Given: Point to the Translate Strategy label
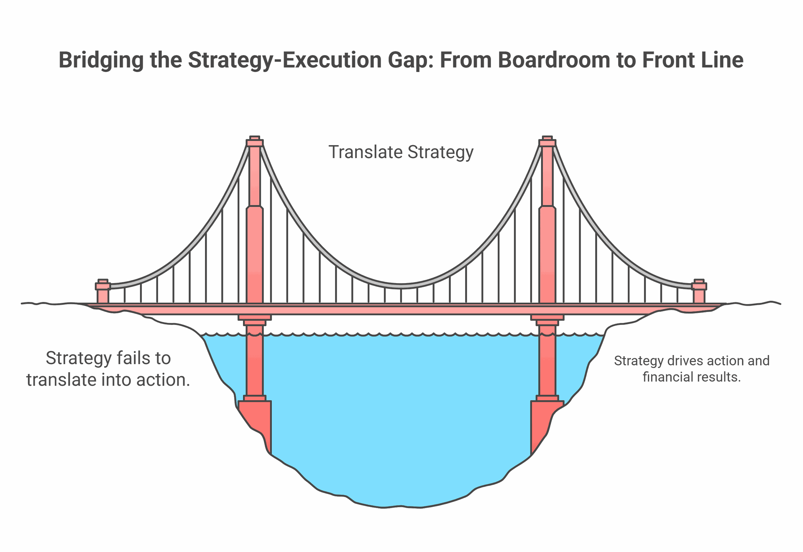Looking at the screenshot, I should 401,152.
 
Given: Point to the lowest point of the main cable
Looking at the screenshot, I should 401,286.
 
